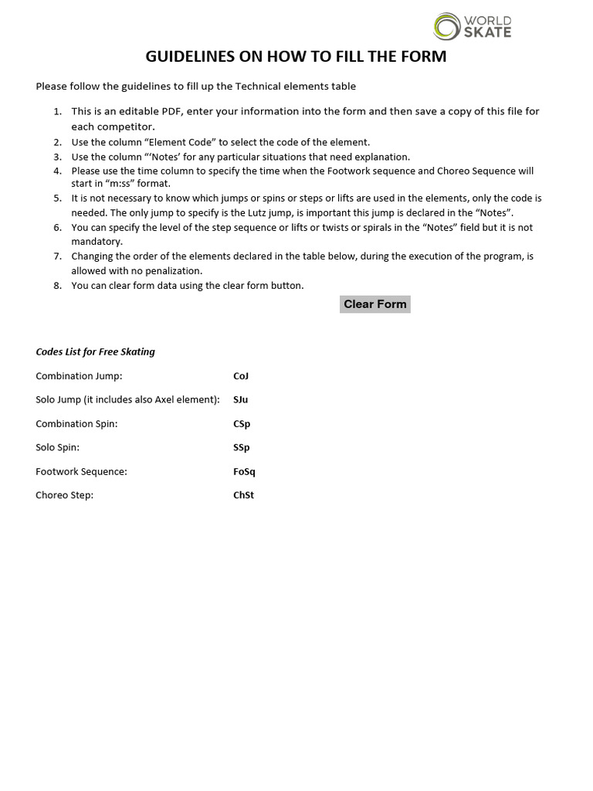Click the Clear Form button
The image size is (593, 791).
[x=374, y=304]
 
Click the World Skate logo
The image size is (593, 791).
[x=472, y=25]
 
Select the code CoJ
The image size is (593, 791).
[x=241, y=376]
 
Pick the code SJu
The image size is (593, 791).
[x=241, y=400]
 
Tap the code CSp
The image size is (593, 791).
[x=242, y=424]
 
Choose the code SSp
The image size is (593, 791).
[x=242, y=448]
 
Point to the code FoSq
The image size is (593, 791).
[x=244, y=472]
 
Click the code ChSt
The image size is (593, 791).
[x=243, y=496]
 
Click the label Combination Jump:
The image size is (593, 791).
[x=79, y=376]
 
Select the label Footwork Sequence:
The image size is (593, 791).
[x=81, y=472]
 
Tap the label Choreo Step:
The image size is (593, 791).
[x=64, y=496]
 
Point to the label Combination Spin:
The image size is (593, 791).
[x=76, y=424]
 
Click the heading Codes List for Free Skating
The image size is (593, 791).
[x=95, y=352]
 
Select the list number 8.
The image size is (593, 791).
[x=57, y=286]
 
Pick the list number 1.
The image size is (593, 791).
[x=57, y=112]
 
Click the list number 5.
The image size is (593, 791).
[x=57, y=199]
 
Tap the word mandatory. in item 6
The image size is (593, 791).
[x=97, y=242]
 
